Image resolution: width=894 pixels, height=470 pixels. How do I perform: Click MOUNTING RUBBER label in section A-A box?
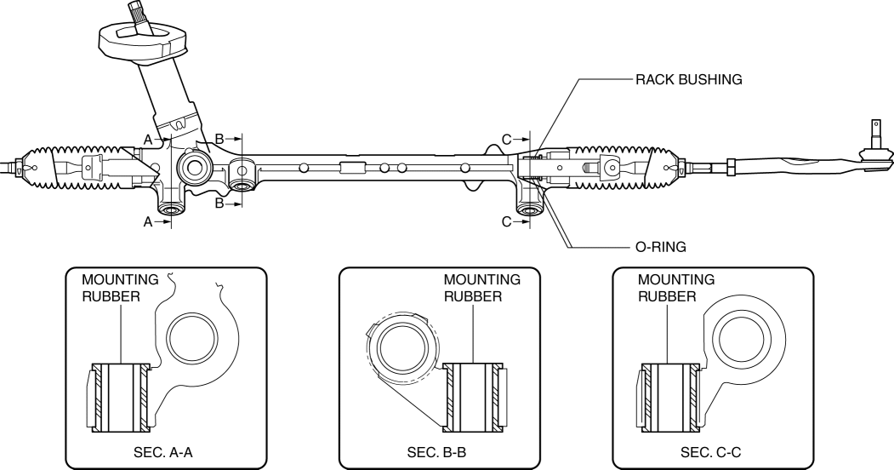pos(120,287)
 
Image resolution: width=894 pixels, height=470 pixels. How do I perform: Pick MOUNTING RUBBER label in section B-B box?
pos(481,287)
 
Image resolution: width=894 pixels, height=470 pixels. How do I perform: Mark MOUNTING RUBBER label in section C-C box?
pos(676,287)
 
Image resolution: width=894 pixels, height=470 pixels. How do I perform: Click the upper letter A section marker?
pos(148,137)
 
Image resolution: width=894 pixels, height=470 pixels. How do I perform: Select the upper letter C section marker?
pos(506,137)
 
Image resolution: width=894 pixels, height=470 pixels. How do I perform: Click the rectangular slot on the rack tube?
pos(351,168)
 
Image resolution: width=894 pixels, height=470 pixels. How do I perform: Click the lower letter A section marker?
pos(148,221)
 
